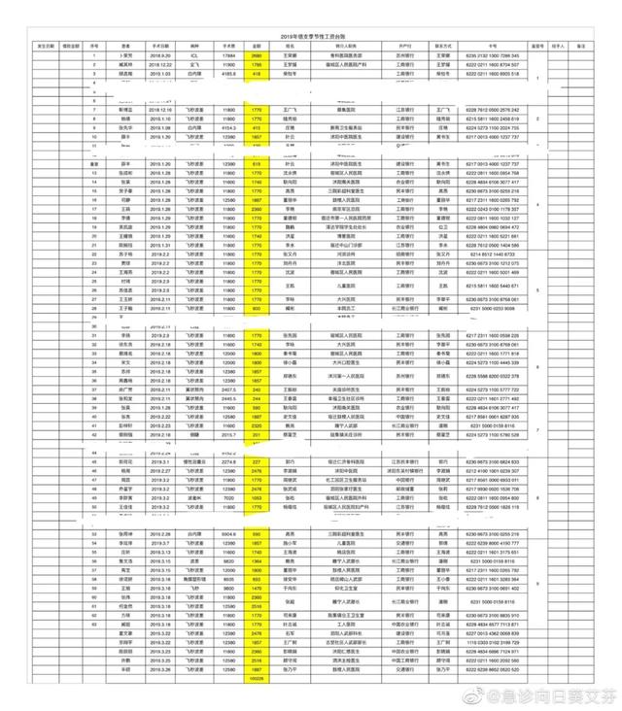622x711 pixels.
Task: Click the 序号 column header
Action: (93, 45)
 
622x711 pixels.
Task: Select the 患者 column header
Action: (125, 45)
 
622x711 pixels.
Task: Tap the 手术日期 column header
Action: (160, 45)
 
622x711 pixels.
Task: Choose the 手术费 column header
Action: (227, 45)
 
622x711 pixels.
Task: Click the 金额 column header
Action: (258, 45)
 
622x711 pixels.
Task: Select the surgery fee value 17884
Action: (227, 55)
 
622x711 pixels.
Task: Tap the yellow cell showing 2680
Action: (258, 55)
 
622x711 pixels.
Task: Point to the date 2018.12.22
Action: (160, 64)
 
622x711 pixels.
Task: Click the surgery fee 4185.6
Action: (227, 73)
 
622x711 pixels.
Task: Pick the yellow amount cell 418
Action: (258, 73)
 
